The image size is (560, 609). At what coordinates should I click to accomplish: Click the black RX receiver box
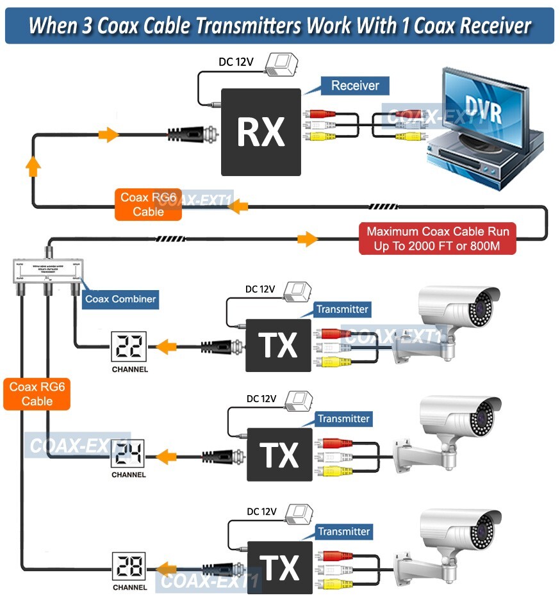[261, 132]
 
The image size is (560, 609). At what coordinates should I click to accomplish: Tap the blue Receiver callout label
[354, 86]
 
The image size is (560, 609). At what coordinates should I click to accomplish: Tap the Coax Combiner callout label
[120, 298]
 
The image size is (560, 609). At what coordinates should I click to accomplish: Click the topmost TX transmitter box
[279, 345]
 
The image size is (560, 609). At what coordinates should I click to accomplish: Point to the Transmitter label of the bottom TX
[343, 532]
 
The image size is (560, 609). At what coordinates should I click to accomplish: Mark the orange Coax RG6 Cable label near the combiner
[37, 394]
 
